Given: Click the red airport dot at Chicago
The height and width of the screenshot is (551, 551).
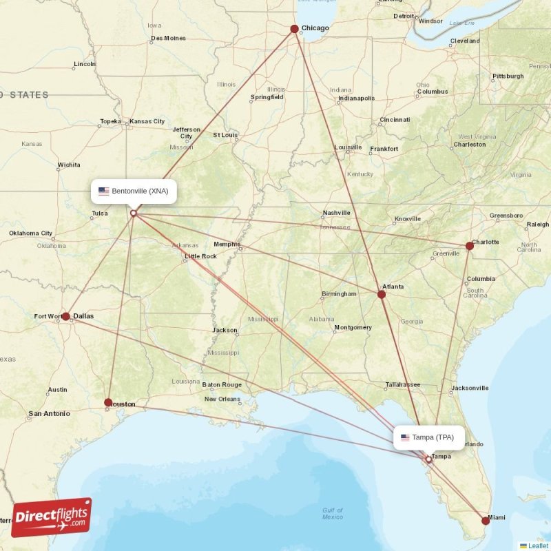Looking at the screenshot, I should tap(294, 29).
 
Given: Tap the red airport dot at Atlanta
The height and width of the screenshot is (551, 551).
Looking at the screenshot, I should tap(381, 295).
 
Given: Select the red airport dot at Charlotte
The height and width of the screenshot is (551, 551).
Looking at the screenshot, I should tap(469, 246).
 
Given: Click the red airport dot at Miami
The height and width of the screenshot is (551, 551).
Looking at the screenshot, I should tap(486, 521).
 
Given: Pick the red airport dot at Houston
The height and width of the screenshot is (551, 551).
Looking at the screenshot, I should tap(108, 402).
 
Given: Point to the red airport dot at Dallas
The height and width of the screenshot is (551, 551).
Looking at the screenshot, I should tap(65, 317).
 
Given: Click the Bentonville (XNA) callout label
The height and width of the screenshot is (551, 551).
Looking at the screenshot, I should tap(134, 191).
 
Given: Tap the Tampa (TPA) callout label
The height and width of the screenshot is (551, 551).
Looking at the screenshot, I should tap(428, 437).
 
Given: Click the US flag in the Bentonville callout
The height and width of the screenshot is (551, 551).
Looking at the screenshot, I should tap(104, 191).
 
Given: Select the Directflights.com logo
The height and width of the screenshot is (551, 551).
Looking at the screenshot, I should tap(51, 517).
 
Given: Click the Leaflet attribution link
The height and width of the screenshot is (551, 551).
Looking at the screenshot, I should tap(537, 545).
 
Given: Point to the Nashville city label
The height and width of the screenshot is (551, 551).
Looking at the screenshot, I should tap(336, 213).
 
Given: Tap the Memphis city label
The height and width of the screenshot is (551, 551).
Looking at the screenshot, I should tap(227, 245).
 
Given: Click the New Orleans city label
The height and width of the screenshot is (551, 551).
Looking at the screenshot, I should tap(222, 399).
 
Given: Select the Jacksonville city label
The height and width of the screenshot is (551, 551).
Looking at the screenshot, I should tap(470, 388).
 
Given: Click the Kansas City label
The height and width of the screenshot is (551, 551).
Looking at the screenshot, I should tap(147, 121).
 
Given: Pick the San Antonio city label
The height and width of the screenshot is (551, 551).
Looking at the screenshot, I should tap(48, 414).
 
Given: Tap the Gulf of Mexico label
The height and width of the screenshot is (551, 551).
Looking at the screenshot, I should tap(332, 513).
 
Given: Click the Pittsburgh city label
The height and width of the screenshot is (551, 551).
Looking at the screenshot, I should tap(508, 76).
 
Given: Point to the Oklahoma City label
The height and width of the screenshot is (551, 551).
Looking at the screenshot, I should tap(31, 233).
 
